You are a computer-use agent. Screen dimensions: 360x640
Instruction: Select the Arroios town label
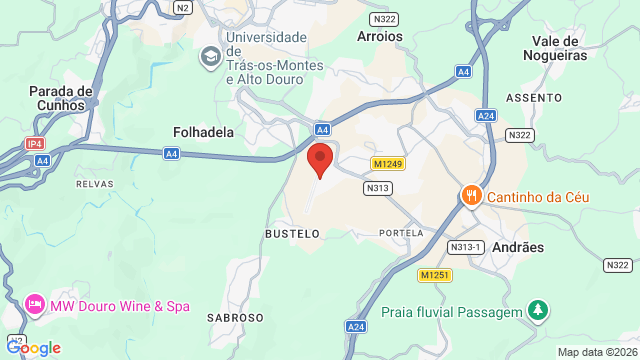380,36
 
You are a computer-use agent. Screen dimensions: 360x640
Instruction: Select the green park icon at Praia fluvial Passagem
538,311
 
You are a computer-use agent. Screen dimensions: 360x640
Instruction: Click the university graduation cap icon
210,57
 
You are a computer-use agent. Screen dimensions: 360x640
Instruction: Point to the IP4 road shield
35,144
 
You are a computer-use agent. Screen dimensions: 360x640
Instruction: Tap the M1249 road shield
387,163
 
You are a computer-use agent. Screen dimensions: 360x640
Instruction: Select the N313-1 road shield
467,247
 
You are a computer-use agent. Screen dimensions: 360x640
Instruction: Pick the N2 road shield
181,7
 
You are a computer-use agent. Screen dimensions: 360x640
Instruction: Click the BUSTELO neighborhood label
292,233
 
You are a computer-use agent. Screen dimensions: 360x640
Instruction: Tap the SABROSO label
235,317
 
